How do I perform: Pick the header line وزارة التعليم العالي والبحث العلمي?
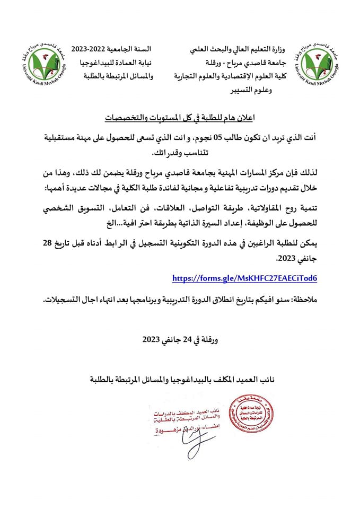coord(244,50)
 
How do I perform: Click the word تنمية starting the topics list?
coord(304,210)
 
